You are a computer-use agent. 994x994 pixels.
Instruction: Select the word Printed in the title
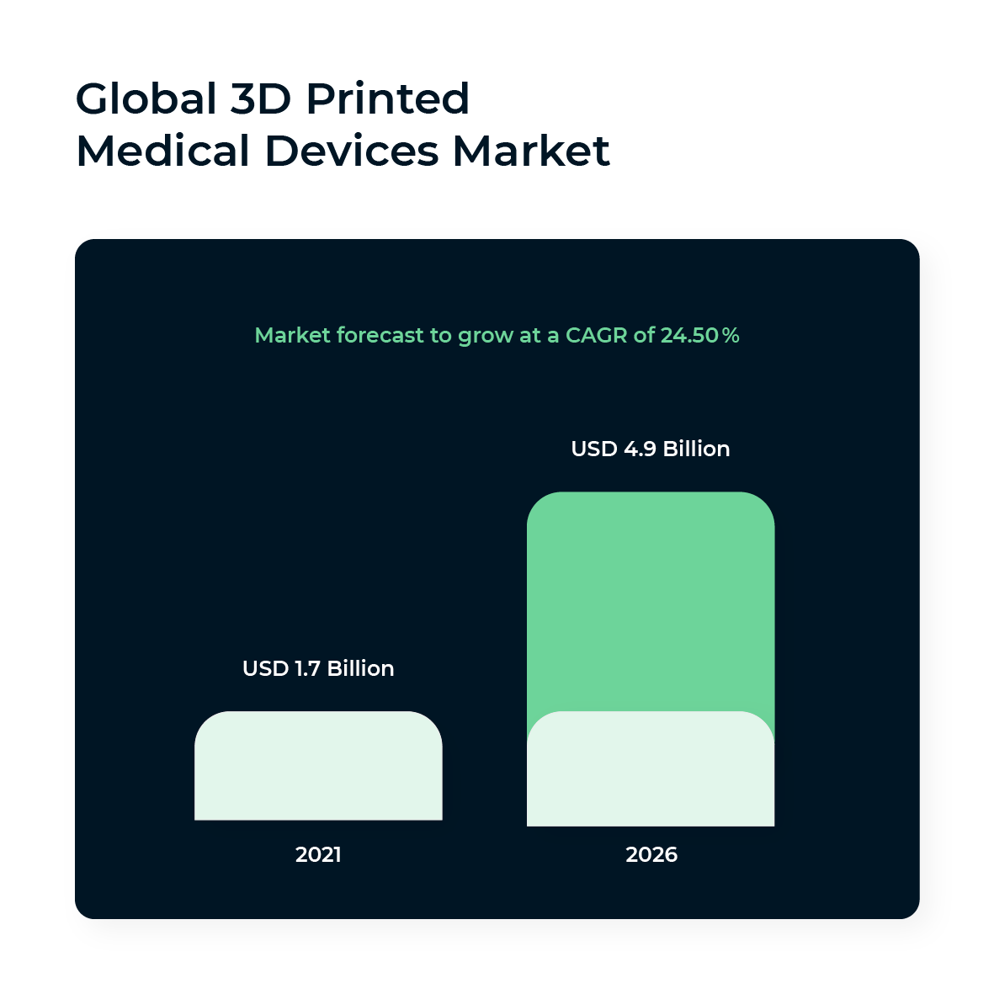[x=387, y=99]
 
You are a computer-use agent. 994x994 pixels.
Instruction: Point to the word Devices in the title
[x=351, y=151]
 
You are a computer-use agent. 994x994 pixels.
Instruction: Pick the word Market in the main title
[x=530, y=151]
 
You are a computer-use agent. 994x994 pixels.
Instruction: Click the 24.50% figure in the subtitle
[x=699, y=336]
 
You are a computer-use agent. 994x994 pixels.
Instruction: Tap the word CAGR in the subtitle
[x=596, y=336]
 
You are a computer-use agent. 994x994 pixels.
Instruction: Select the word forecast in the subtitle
[x=380, y=336]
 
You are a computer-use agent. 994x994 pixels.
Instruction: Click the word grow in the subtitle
[x=486, y=337]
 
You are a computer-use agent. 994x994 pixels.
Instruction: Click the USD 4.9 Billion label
[x=650, y=449]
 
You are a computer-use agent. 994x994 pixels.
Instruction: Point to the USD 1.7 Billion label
[x=318, y=668]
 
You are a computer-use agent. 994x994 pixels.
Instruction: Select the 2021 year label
[x=318, y=855]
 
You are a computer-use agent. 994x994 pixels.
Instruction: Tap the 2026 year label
[x=651, y=855]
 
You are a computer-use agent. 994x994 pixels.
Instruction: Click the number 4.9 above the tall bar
[x=640, y=449]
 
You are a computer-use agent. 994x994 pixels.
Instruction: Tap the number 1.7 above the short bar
[x=307, y=668]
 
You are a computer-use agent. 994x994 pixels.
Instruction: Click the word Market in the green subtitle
[x=292, y=336]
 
